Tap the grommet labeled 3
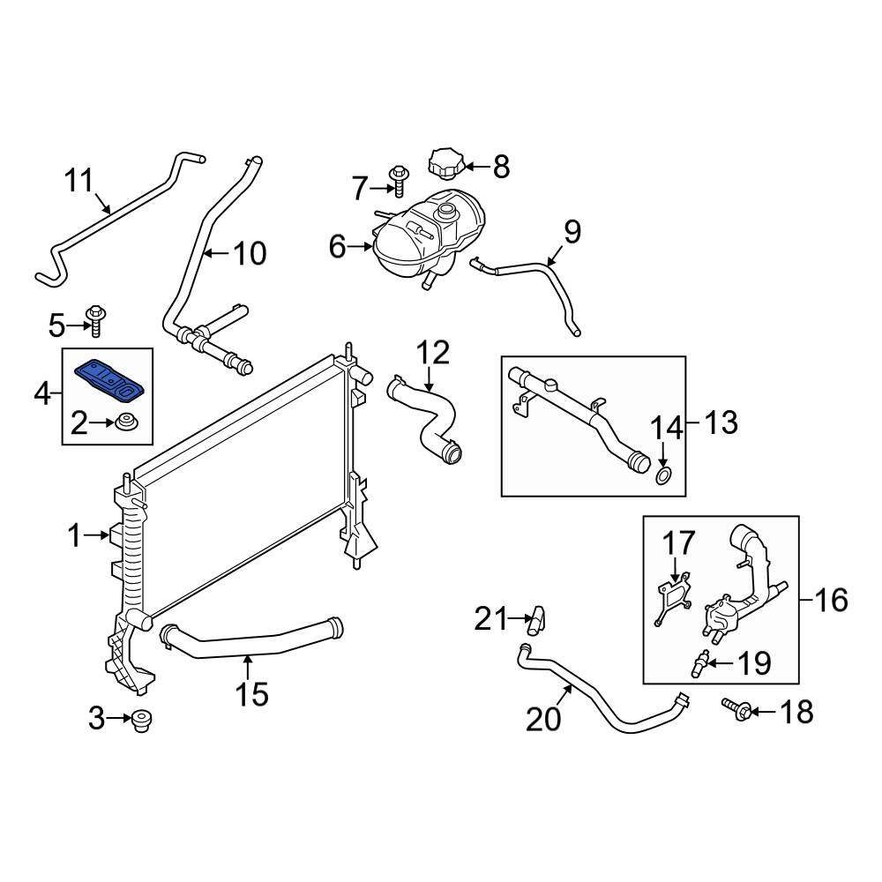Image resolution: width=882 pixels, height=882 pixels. coord(139,721)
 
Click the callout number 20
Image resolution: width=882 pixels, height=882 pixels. coord(543,720)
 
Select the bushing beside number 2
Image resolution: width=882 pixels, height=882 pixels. coord(124,424)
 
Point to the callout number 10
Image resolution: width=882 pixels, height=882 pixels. coord(249,254)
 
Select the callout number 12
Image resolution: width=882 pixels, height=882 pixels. coord(432,353)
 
